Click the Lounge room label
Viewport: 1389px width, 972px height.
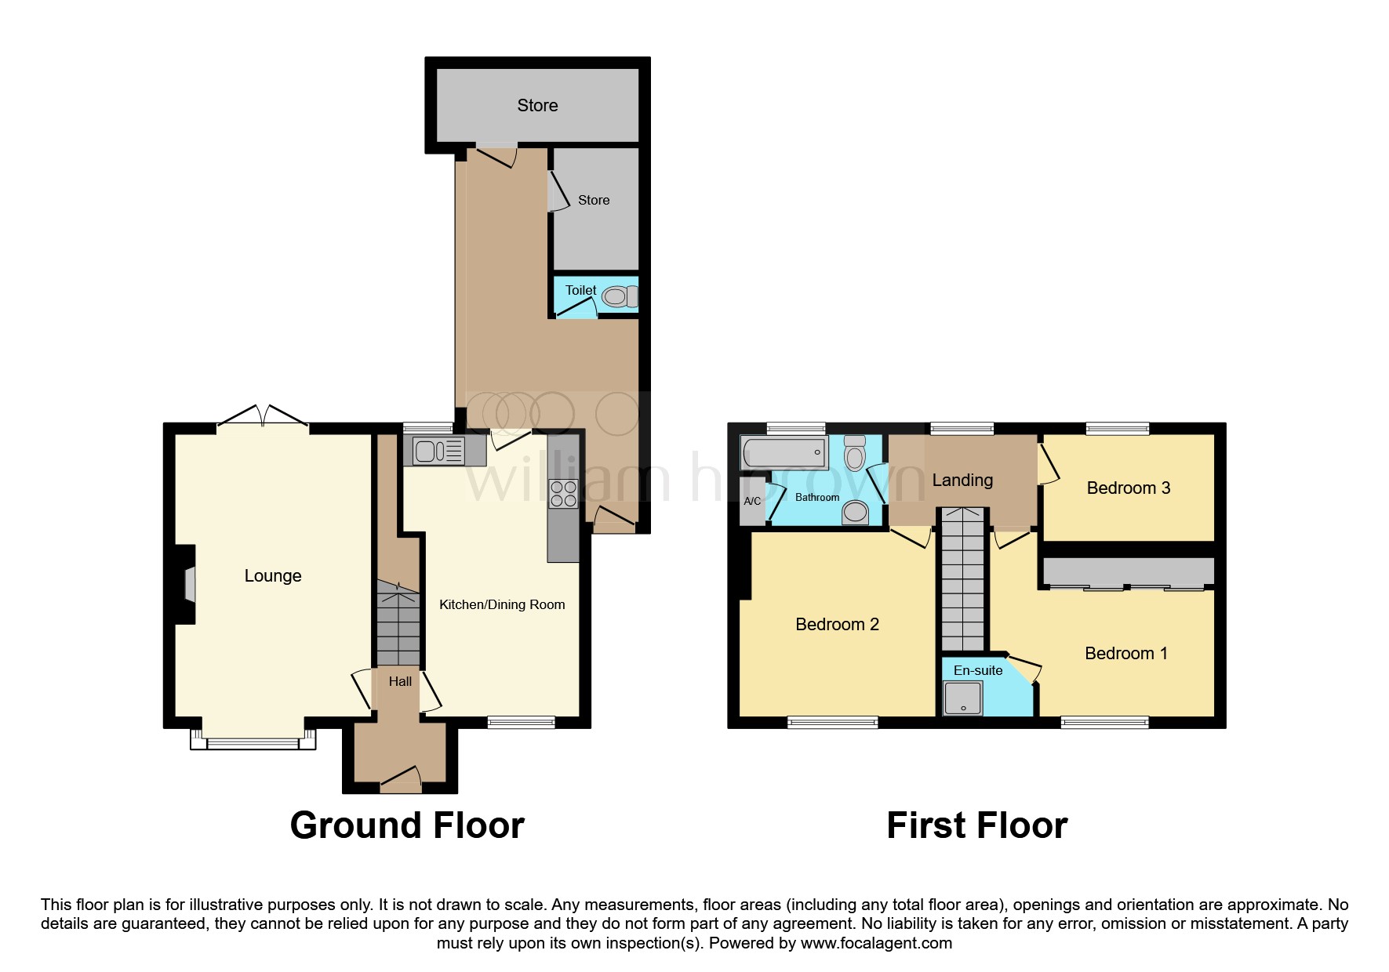[x=273, y=576]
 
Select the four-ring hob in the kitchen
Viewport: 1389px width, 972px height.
[x=564, y=494]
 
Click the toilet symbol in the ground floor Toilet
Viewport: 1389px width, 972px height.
[x=620, y=297]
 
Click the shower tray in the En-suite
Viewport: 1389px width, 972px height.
[x=963, y=698]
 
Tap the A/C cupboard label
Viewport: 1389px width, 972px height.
[x=752, y=501]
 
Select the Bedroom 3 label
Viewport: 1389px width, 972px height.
[x=1128, y=488]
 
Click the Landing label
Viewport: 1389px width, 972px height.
[x=962, y=481]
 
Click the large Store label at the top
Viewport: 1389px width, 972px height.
[x=537, y=106]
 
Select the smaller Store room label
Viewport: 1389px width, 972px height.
[x=594, y=201]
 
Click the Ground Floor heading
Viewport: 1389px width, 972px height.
[x=407, y=826]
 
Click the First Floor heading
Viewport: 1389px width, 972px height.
[x=976, y=826]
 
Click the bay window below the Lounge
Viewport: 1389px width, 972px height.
[x=253, y=740]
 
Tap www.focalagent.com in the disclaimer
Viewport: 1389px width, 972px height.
[x=876, y=944]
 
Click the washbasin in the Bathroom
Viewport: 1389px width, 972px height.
[x=855, y=513]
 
